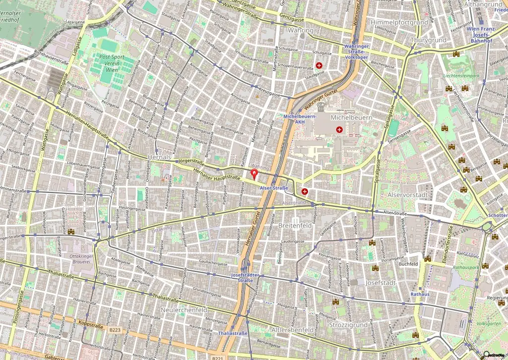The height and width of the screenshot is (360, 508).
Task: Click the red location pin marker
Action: point(254,174)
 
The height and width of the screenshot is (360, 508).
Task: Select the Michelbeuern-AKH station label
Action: point(300,119)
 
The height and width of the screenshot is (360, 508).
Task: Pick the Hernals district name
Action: point(159,157)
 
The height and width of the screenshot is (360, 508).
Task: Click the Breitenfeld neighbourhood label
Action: point(295,226)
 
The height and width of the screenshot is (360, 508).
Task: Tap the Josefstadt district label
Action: point(380,283)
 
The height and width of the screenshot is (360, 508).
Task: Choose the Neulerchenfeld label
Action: point(184,309)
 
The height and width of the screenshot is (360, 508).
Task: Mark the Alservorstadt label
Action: point(407,195)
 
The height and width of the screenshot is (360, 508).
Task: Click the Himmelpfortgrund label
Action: point(399,23)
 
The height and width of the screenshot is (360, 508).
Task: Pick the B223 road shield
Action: point(115,329)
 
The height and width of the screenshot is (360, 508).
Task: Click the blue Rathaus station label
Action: point(419,294)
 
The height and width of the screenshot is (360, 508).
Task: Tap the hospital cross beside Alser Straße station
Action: point(305,191)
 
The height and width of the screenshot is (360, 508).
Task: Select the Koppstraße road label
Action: point(90,326)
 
